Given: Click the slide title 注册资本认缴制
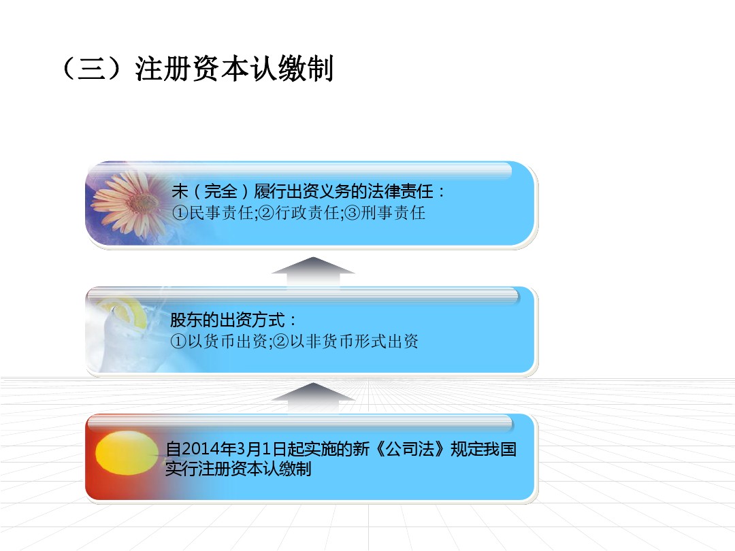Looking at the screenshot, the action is [234, 69].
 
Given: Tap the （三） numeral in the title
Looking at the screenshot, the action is [92, 69].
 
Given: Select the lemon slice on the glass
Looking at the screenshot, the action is [129, 311].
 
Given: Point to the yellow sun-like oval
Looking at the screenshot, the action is [126, 452].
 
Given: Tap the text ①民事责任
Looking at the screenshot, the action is [213, 213].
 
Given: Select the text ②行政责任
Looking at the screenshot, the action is [299, 213].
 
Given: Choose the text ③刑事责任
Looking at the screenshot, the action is [385, 213].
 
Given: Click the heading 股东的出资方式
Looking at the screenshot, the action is [227, 320].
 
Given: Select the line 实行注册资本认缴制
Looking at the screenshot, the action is [238, 469].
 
